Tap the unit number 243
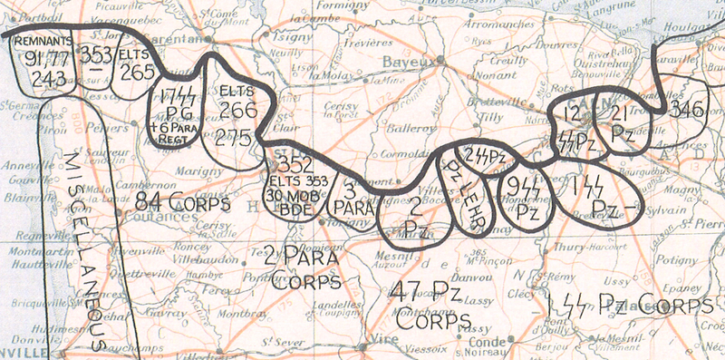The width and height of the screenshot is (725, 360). [x=46, y=78]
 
